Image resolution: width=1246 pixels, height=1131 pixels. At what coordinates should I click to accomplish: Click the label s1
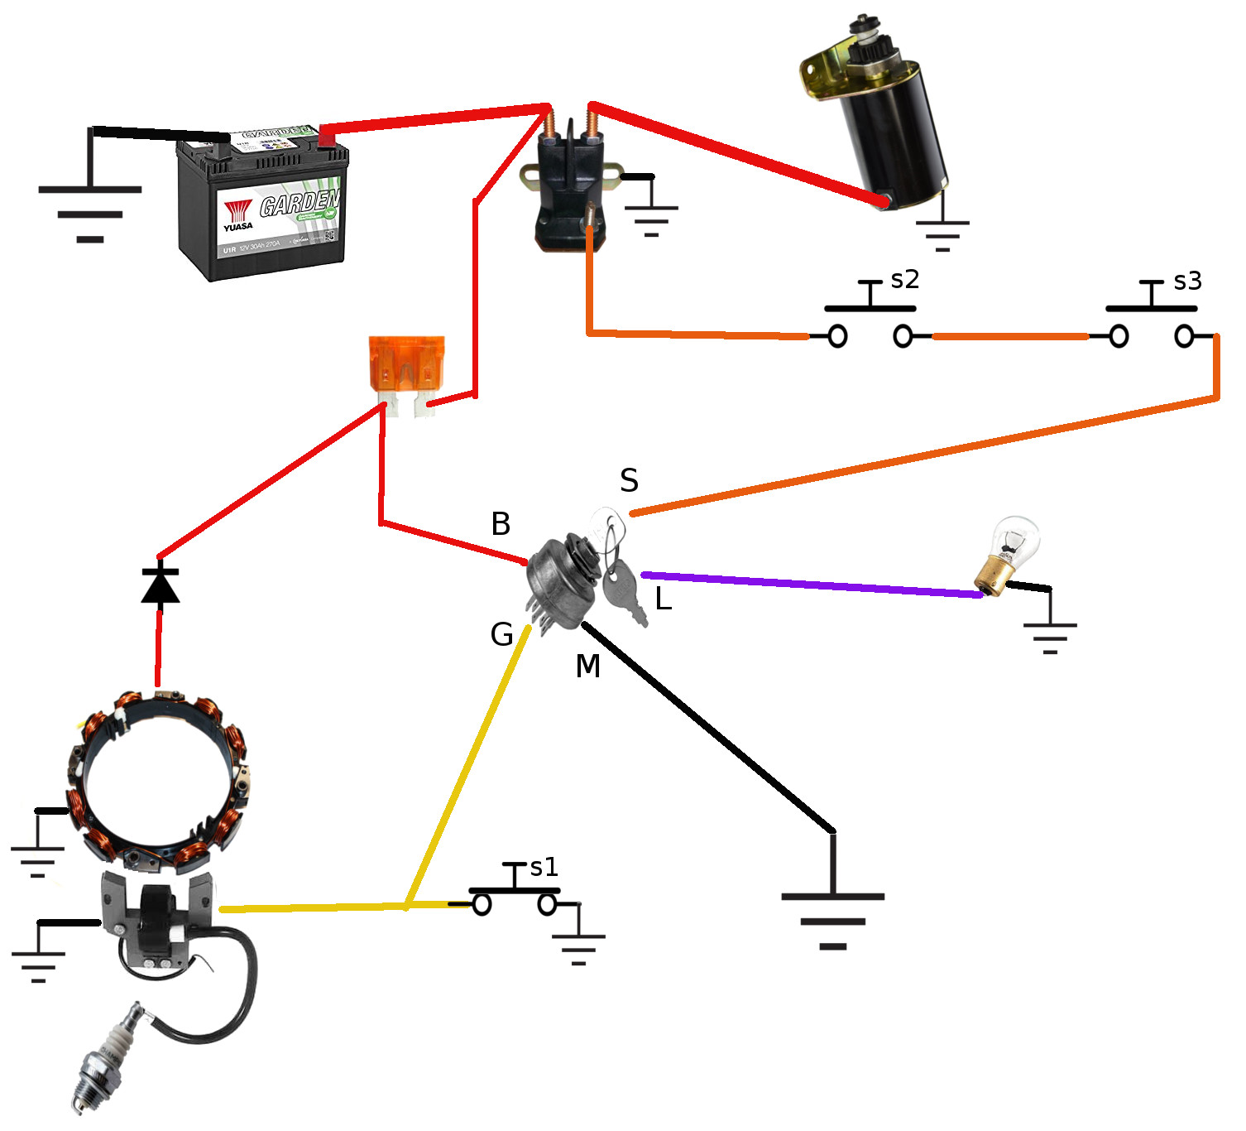[544, 867]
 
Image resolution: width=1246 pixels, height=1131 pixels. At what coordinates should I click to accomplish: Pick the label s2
[904, 280]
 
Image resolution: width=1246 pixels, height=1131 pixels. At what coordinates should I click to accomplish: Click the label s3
[1187, 282]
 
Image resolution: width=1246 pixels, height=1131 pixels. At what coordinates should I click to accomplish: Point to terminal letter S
[629, 481]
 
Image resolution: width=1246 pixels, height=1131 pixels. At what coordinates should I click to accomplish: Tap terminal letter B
[501, 524]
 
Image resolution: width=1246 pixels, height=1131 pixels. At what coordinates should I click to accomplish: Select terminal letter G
[501, 635]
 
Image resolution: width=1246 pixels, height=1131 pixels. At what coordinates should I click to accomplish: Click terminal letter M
[587, 666]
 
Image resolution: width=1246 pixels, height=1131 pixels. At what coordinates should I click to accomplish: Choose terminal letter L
[663, 599]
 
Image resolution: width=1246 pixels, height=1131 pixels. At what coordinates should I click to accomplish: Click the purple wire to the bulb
[811, 584]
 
